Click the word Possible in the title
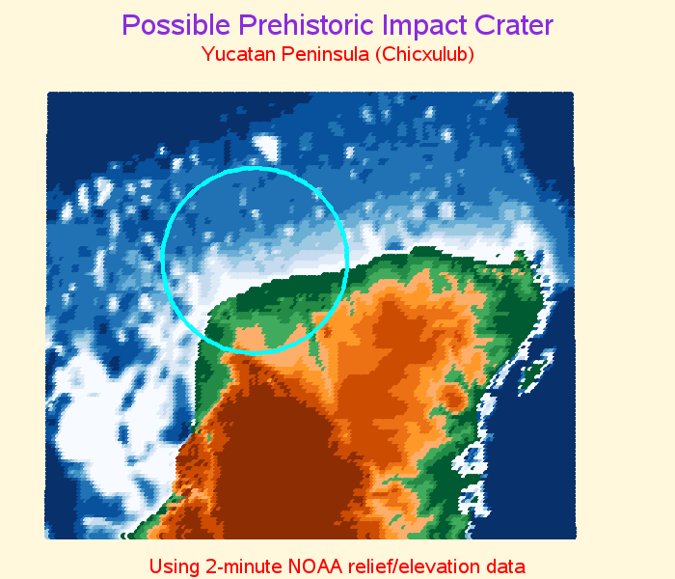175,26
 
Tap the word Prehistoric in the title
306,25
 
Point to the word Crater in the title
514,25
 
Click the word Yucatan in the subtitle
238,54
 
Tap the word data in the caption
503,566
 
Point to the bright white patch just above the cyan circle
267,148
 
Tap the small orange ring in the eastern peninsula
452,398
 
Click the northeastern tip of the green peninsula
522,253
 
